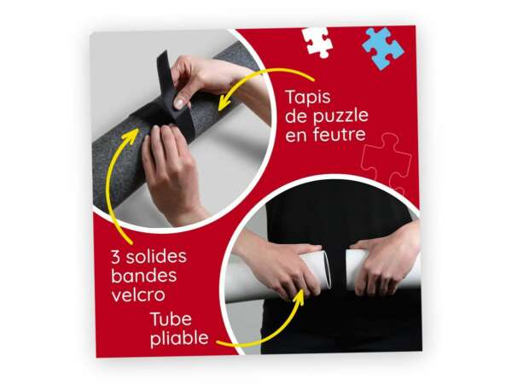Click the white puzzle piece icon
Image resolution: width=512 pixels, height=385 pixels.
pyautogui.click(x=317, y=42)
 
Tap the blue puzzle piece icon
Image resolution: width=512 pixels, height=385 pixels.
pyautogui.click(x=382, y=49)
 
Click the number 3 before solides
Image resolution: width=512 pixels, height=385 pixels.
pyautogui.click(x=115, y=257)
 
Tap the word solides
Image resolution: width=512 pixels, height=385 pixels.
pyautogui.click(x=156, y=256)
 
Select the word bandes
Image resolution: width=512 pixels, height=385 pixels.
pyautogui.click(x=144, y=276)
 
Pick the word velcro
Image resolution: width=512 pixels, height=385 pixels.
pyautogui.click(x=138, y=295)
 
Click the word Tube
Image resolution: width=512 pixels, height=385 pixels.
pyautogui.click(x=171, y=318)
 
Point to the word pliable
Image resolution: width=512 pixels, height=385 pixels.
pyautogui.click(x=179, y=338)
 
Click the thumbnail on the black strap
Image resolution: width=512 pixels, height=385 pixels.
pyautogui.click(x=179, y=103)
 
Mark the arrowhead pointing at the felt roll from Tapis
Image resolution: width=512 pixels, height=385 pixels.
pyautogui.click(x=224, y=102)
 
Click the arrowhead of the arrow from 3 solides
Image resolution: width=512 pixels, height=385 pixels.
pyautogui.click(x=132, y=135)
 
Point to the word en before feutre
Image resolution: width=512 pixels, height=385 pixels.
pyautogui.click(x=296, y=136)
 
